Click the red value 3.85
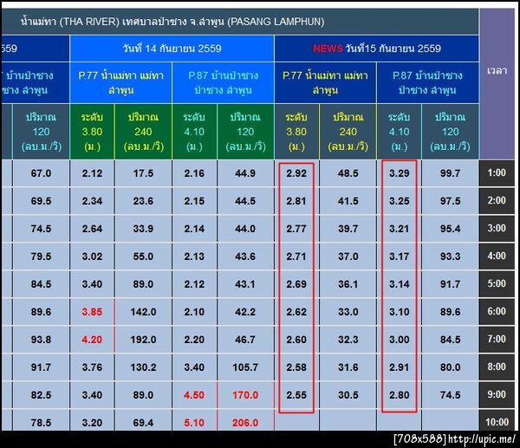(92, 312)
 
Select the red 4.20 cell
(92, 340)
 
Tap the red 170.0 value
(246, 395)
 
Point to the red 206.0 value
(246, 423)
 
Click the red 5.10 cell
(195, 423)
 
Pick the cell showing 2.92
(296, 173)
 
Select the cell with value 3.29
(400, 173)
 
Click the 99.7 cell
(451, 173)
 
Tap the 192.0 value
(144, 340)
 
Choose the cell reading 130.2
(144, 367)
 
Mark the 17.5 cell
(144, 173)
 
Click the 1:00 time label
(497, 173)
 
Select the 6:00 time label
(497, 312)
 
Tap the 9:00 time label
(497, 395)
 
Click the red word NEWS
(328, 49)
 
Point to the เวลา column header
(497, 69)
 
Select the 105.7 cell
(246, 367)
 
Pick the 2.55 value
(296, 395)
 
